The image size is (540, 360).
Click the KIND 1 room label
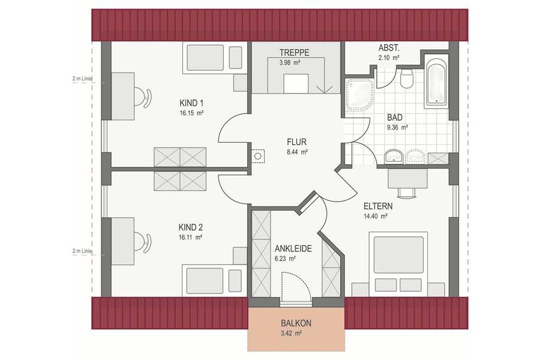tap(191, 103)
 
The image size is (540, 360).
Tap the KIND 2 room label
tap(190, 227)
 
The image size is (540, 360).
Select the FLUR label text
tap(296, 142)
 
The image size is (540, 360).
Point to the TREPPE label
tap(295, 53)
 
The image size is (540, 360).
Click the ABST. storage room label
tap(389, 48)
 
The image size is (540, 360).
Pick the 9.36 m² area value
tap(397, 127)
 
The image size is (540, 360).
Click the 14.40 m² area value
tap(376, 217)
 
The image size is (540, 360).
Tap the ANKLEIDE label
tap(293, 249)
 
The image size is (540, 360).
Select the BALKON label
tap(296, 323)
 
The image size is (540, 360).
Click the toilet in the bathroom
tap(407, 77)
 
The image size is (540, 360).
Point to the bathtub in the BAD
tap(436, 82)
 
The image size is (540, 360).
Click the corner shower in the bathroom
tap(360, 95)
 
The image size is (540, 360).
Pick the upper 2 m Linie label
tap(82, 79)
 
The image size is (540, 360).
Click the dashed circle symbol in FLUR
tap(257, 156)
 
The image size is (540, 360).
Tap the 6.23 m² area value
tap(286, 259)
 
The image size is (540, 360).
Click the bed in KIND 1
tap(214, 58)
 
